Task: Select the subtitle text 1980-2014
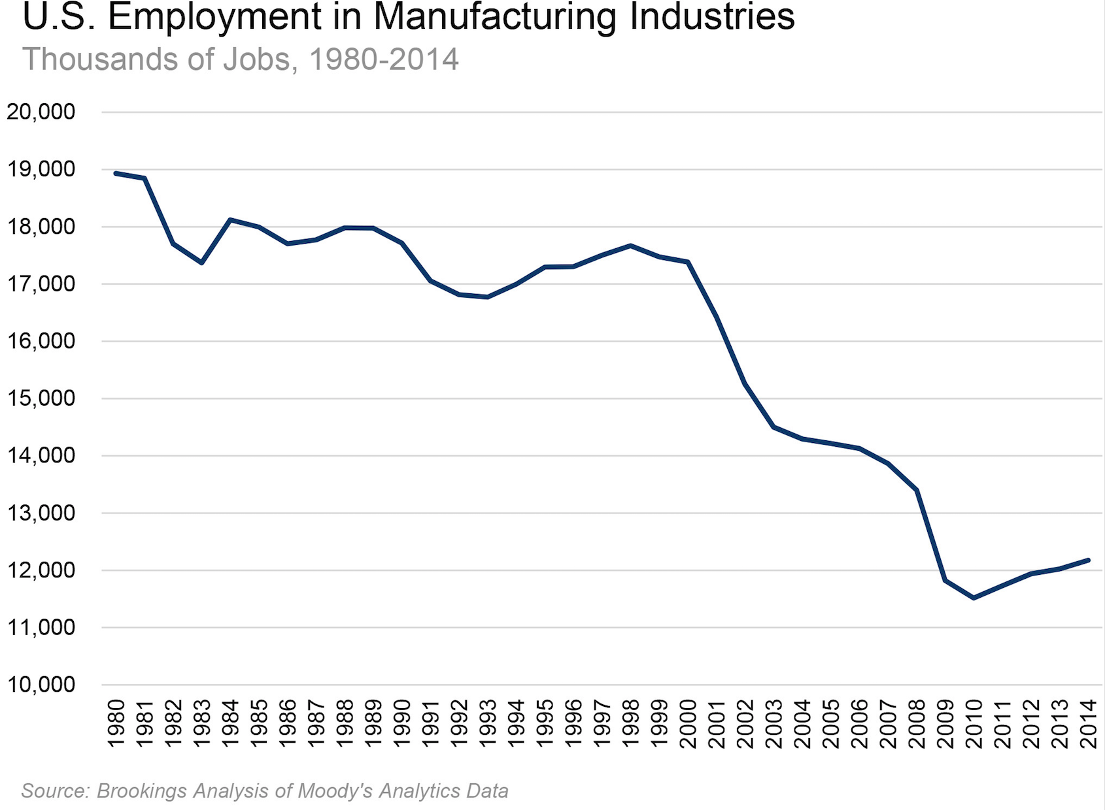pos(383,59)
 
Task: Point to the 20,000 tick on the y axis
pos(41,112)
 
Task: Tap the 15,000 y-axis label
pos(41,398)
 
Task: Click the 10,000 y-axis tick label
pos(41,685)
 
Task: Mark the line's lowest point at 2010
pos(974,598)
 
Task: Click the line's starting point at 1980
pos(116,173)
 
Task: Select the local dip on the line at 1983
pos(201,263)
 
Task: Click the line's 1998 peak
pos(630,246)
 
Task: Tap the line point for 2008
pos(917,490)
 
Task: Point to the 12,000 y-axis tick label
pos(41,570)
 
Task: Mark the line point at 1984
pos(230,219)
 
